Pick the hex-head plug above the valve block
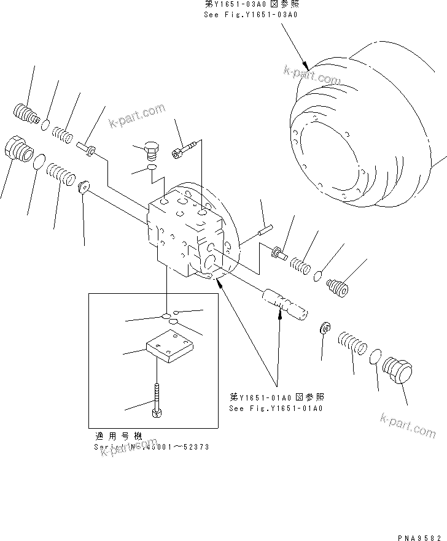pyautogui.click(x=150, y=150)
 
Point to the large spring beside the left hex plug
pyautogui.click(x=61, y=172)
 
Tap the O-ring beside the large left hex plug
pyautogui.click(x=38, y=162)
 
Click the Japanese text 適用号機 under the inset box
pyautogui.click(x=119, y=436)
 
